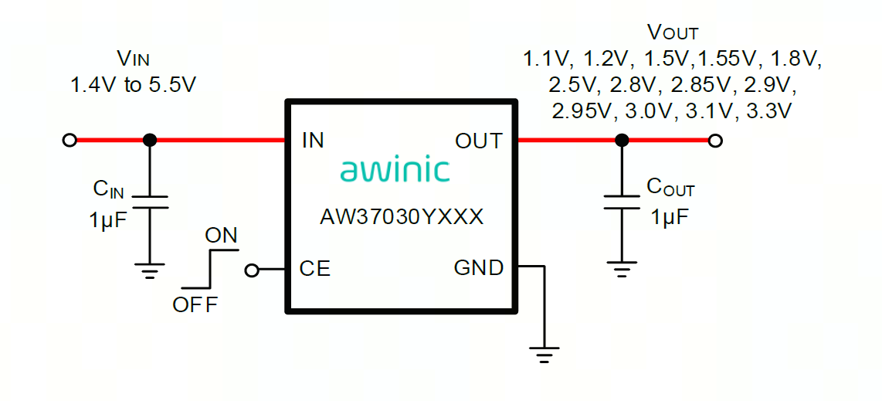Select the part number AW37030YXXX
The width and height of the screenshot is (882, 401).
402,217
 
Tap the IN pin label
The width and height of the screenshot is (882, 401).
313,141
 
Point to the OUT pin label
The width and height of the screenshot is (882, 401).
479,141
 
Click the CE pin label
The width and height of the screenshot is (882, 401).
314,269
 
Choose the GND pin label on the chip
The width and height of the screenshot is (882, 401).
479,268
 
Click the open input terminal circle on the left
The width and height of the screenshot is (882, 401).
70,141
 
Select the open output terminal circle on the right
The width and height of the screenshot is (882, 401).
716,141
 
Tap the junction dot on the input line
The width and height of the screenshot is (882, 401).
150,141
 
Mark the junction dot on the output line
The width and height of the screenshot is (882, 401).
621,141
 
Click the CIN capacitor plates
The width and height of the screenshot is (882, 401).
150,202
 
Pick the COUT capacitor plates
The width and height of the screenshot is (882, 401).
621,202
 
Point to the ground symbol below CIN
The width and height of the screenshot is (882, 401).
150,270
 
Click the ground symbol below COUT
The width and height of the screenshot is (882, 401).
621,270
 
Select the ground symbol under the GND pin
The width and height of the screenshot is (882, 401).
544,355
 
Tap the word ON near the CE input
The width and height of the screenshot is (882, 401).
221,236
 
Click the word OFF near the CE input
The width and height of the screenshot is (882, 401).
195,304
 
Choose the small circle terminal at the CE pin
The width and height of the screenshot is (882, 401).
251,270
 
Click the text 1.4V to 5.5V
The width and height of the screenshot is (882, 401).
134,85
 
